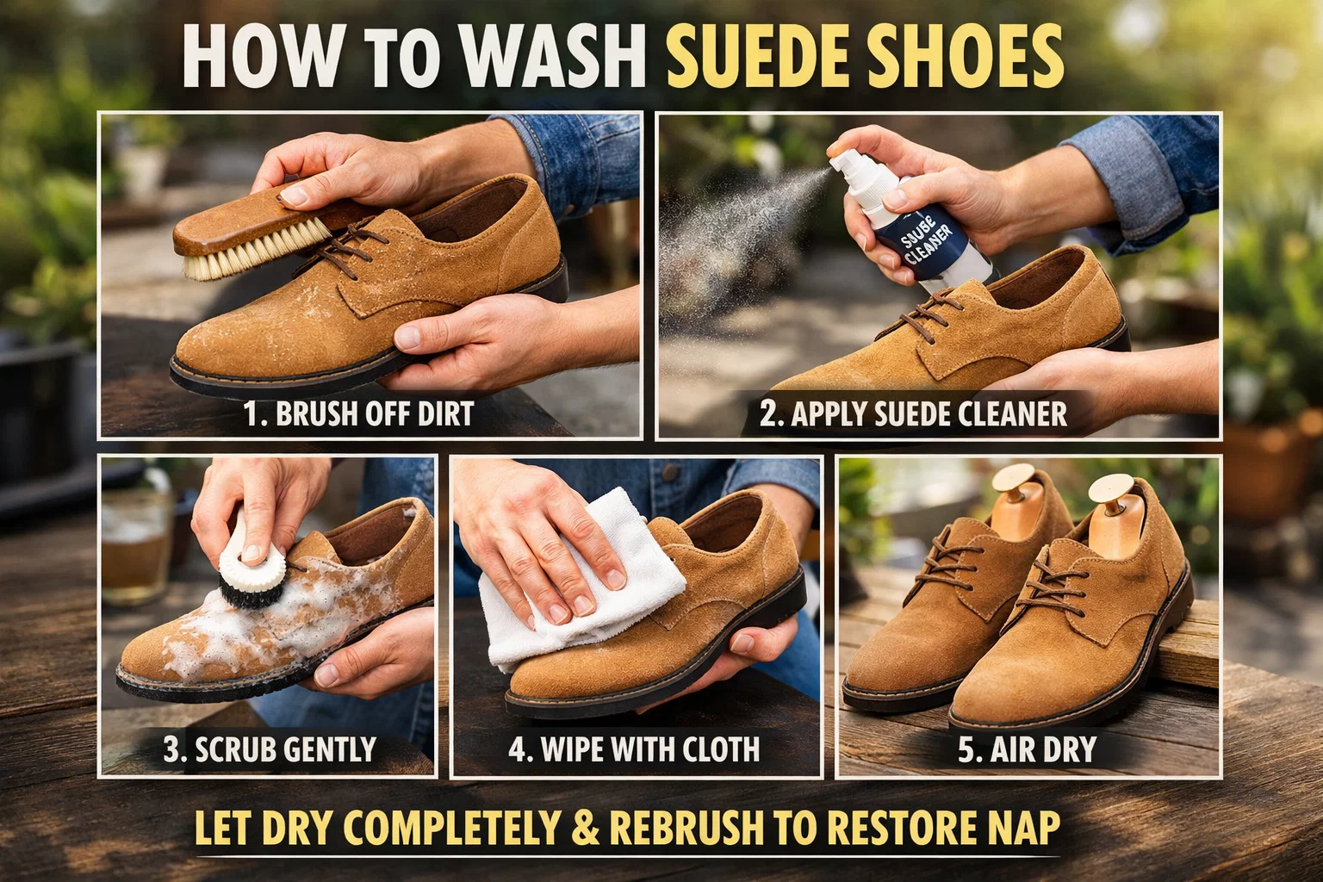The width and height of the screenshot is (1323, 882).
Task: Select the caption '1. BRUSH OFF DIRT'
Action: click(358, 413)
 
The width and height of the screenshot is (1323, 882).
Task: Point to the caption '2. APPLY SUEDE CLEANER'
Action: click(913, 413)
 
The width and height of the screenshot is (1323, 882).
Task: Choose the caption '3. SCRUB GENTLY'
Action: click(270, 748)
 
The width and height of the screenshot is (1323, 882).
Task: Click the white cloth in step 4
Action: click(551, 594)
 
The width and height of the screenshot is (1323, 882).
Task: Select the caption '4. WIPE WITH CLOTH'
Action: click(634, 748)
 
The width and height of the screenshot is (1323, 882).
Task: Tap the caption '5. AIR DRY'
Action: click(1027, 748)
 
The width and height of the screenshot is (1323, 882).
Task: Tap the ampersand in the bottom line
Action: click(586, 828)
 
